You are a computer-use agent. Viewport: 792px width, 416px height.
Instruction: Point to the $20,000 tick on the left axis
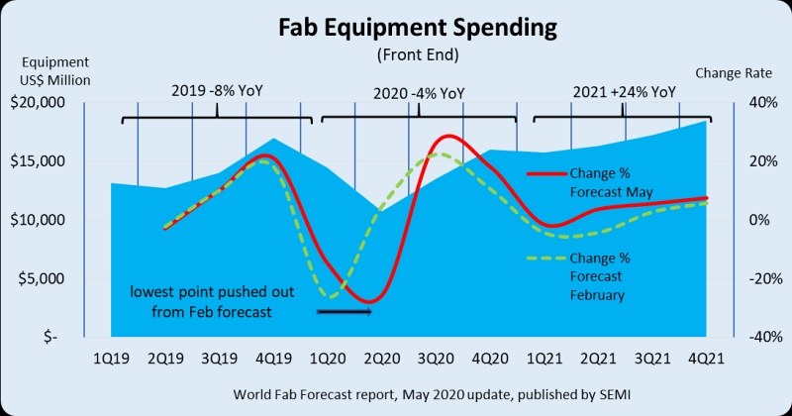coord(37,102)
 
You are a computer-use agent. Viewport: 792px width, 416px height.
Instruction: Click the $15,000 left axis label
coord(37,160)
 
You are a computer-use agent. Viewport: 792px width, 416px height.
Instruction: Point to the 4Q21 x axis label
coord(705,358)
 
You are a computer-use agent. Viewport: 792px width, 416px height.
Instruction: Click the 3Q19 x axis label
coord(218,358)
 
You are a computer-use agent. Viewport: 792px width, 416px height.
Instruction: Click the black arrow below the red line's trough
coord(344,312)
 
